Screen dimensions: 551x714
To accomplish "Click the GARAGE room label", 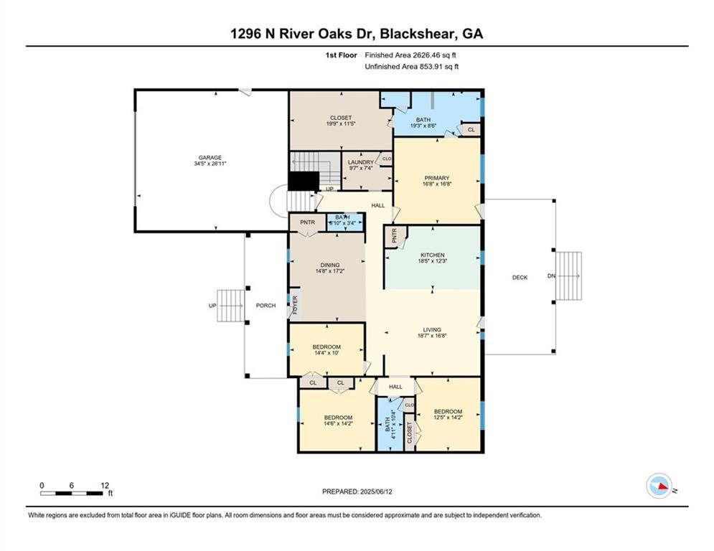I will (x=210, y=158).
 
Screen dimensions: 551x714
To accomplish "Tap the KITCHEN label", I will (x=433, y=255).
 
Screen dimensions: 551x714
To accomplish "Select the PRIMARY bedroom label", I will (x=436, y=178).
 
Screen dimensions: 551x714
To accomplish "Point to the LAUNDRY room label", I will (x=360, y=162).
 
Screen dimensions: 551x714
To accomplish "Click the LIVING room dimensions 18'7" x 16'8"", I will (x=432, y=336).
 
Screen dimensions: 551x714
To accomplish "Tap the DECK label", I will (x=520, y=278).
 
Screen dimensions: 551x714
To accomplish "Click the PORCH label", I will (x=266, y=306).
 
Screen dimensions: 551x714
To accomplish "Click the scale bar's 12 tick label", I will (x=105, y=485).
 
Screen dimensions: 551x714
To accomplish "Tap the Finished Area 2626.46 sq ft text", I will (x=411, y=55).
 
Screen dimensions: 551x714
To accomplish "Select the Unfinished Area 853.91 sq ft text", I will (x=411, y=67).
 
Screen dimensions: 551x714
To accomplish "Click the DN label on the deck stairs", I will (x=551, y=276).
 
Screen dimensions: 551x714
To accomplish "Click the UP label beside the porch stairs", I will (x=212, y=306).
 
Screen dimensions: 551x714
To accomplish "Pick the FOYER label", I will (x=294, y=306).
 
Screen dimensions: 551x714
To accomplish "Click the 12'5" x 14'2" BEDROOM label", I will (x=448, y=414).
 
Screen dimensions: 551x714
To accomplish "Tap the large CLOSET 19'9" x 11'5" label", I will (x=341, y=121).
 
